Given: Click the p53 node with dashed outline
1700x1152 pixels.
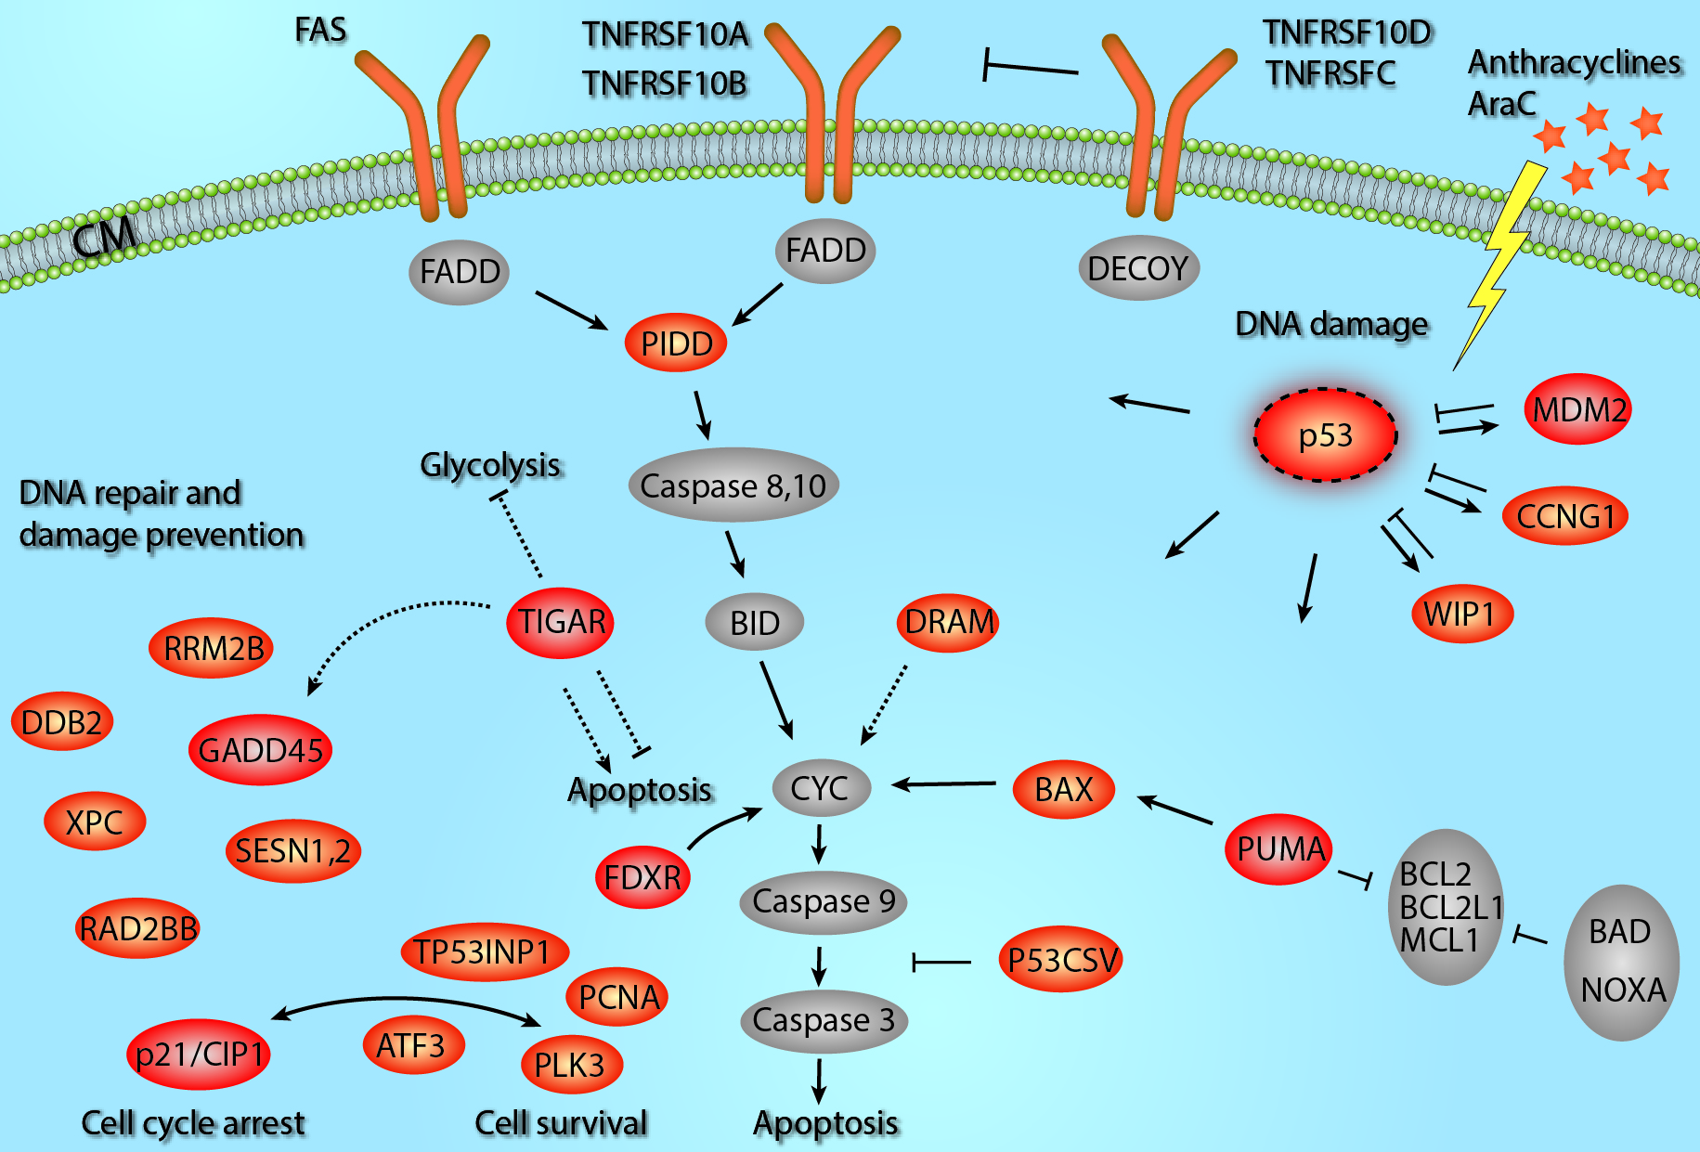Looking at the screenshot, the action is pyautogui.click(x=1325, y=434).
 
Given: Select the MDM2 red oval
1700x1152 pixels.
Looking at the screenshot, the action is pyautogui.click(x=1578, y=409).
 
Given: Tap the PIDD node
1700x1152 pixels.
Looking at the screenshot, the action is pyautogui.click(x=677, y=343).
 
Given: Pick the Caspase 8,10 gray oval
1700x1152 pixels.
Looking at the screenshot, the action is pyautogui.click(x=733, y=485).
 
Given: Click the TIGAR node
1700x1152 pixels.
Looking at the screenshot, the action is pyautogui.click(x=561, y=622).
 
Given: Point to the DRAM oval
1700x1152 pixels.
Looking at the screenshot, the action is pyautogui.click(x=949, y=622).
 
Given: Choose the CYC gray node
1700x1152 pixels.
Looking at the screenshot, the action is pyautogui.click(x=821, y=788).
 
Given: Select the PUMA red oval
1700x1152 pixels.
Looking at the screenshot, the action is pyautogui.click(x=1279, y=848).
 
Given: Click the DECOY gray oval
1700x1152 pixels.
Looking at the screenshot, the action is pyautogui.click(x=1138, y=269).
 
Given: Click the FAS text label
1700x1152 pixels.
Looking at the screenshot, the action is pyautogui.click(x=320, y=30).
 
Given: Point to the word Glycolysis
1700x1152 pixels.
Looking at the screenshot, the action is pyautogui.click(x=491, y=464).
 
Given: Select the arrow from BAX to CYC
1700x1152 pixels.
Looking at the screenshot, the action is pyautogui.click(x=944, y=784).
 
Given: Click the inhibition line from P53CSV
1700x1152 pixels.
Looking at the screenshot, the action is pyautogui.click(x=941, y=962).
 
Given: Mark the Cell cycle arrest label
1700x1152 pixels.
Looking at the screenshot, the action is pyautogui.click(x=193, y=1123).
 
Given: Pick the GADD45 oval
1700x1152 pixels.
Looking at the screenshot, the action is pyautogui.click(x=260, y=750).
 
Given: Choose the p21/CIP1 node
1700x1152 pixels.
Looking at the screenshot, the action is pyautogui.click(x=199, y=1055).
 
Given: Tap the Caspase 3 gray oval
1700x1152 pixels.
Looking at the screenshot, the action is pyautogui.click(x=824, y=1020).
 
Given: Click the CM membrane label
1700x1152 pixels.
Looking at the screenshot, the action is pyautogui.click(x=104, y=238).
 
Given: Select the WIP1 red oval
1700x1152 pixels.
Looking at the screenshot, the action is pyautogui.click(x=1462, y=614).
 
